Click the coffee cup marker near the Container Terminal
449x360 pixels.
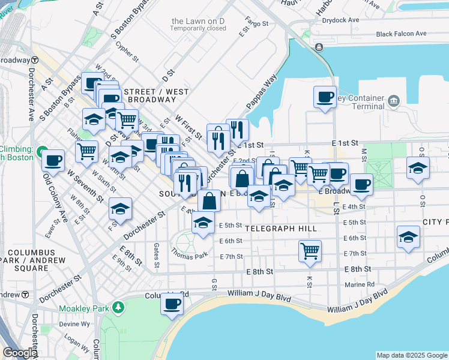(325, 97)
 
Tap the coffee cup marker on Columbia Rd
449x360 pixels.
(172, 303)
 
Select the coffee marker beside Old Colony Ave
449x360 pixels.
(53, 160)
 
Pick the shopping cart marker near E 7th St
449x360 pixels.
(310, 251)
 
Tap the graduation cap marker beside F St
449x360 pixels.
(121, 208)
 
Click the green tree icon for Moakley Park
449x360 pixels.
(119, 308)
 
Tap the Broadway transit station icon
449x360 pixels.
(35, 60)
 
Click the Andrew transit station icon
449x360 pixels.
(26, 295)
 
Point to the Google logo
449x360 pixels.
(20, 353)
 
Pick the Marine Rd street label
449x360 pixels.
(360, 284)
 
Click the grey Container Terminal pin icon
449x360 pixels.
(394, 100)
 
